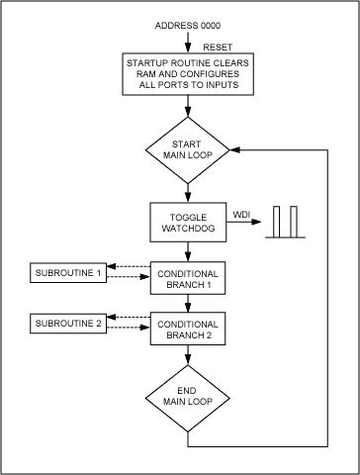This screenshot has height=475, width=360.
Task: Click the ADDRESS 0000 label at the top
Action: pyautogui.click(x=187, y=23)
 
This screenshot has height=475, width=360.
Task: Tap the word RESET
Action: pyautogui.click(x=216, y=46)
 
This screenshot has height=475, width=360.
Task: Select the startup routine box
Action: pyautogui.click(x=187, y=73)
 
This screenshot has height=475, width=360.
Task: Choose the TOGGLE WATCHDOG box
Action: pyautogui.click(x=187, y=223)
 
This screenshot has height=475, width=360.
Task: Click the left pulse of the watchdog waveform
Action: pyautogui.click(x=279, y=223)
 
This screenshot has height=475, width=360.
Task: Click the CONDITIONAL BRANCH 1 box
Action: pyautogui.click(x=187, y=278)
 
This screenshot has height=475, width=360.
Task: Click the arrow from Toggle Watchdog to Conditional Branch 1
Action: pyautogui.click(x=187, y=252)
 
